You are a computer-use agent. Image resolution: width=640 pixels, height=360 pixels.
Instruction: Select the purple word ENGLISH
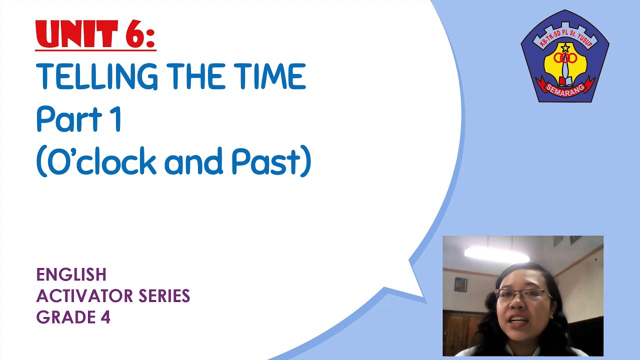pyautogui.click(x=71, y=274)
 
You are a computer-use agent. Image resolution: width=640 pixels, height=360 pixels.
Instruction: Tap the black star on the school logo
pyautogui.click(x=565, y=48)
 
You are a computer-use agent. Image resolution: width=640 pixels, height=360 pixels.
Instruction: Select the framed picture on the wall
pyautogui.click(x=460, y=284)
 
